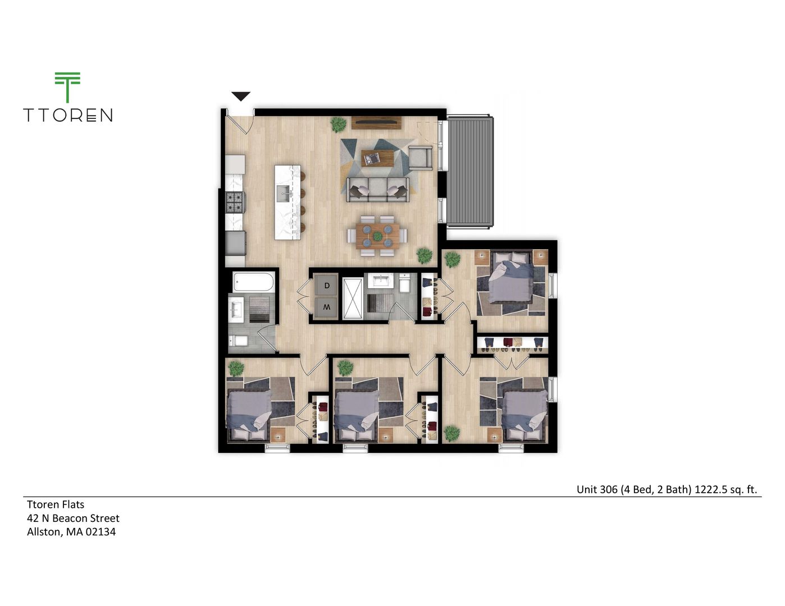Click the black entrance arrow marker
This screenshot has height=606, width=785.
pos(241,97)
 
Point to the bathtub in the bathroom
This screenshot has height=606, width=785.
pos(254,282)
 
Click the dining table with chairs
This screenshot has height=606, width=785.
pos(377,236)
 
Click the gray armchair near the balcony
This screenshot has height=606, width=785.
pos(420,157)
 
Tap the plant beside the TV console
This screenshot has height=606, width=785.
pos(338,124)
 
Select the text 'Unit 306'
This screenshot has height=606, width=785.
pos(597,489)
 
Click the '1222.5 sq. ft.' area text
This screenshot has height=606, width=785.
pos(725,489)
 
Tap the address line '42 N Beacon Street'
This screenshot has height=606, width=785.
pos(74,518)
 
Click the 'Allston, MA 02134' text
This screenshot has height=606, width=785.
pos(71,532)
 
